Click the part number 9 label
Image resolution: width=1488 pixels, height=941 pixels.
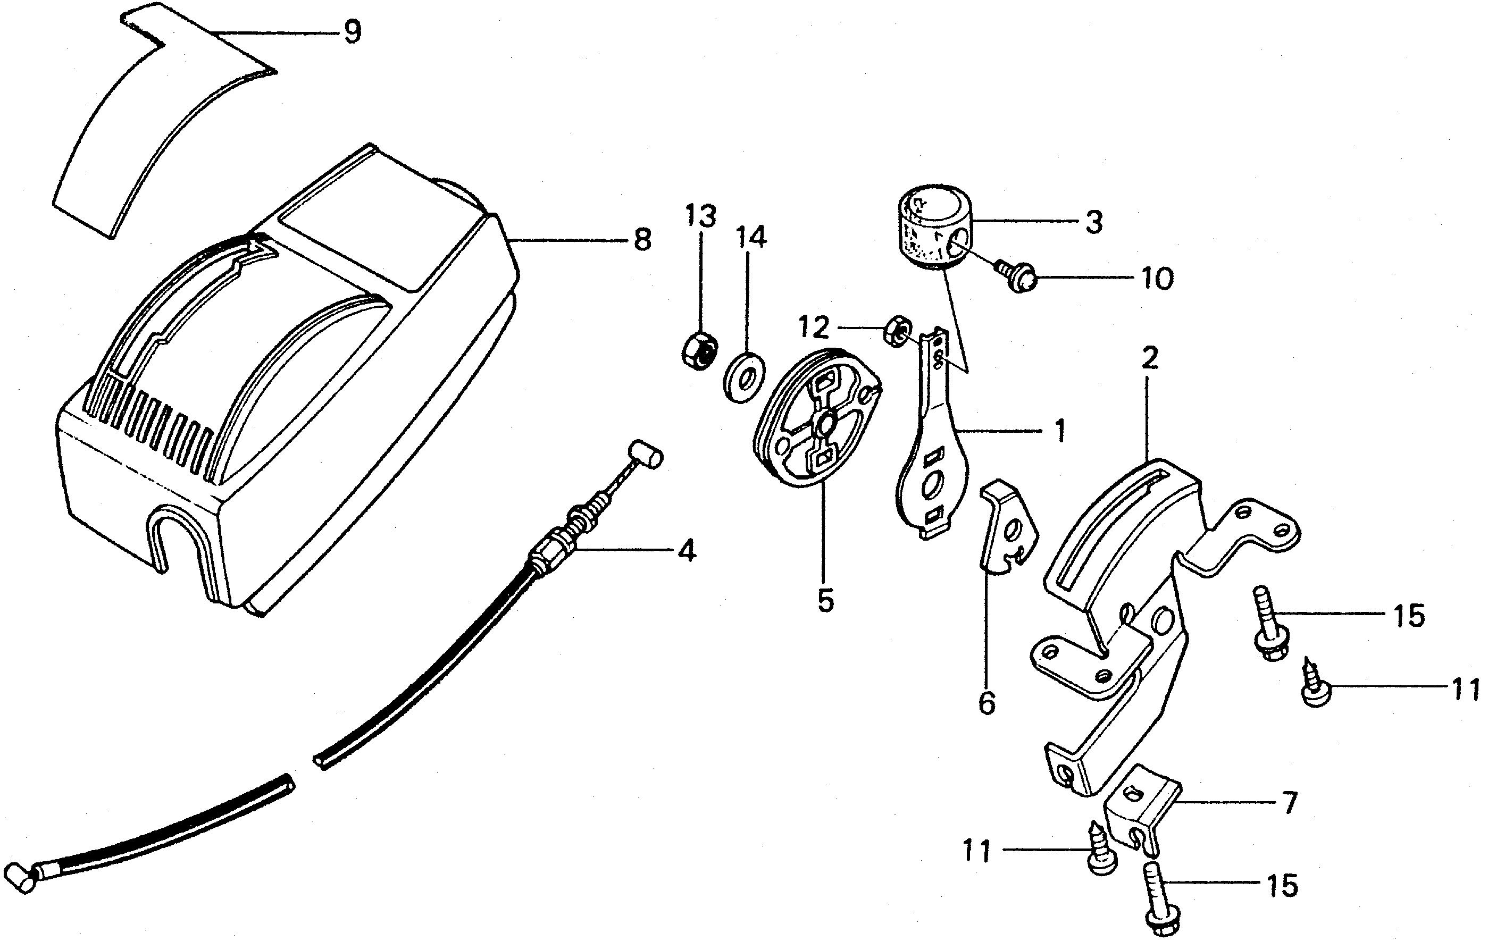(352, 32)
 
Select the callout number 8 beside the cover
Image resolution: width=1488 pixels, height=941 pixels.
(642, 240)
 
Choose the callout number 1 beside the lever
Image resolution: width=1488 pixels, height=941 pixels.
(1059, 431)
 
